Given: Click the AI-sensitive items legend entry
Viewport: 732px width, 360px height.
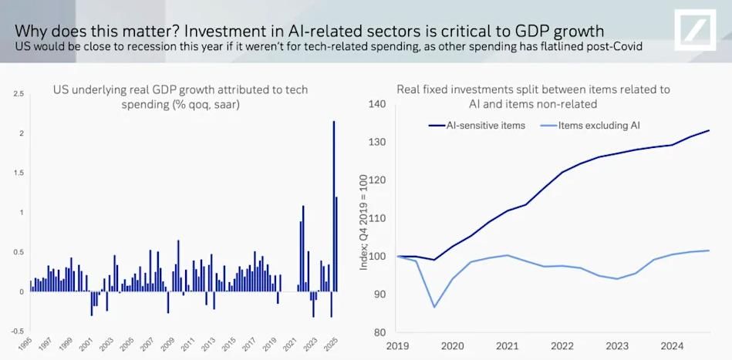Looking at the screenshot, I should click(x=476, y=125).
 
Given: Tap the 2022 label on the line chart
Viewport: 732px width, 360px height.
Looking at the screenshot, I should click(x=561, y=347).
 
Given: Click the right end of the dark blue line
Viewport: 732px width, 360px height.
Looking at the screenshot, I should click(x=709, y=130).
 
